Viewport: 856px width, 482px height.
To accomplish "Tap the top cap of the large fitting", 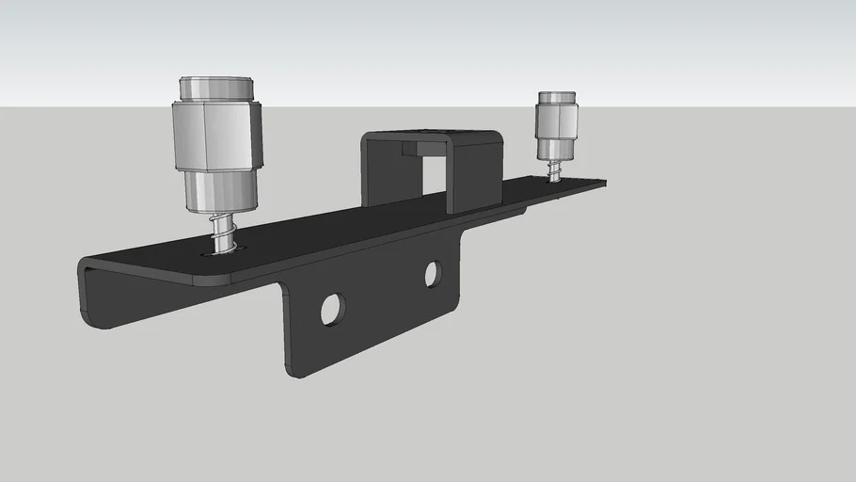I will (217, 88).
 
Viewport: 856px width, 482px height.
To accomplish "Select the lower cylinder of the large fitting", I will (220, 190).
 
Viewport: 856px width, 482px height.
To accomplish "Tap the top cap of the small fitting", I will (557, 97).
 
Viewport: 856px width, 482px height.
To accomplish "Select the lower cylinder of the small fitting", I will (557, 150).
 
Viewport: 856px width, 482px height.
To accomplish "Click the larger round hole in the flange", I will (332, 309).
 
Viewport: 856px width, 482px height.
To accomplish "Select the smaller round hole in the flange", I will (433, 274).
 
